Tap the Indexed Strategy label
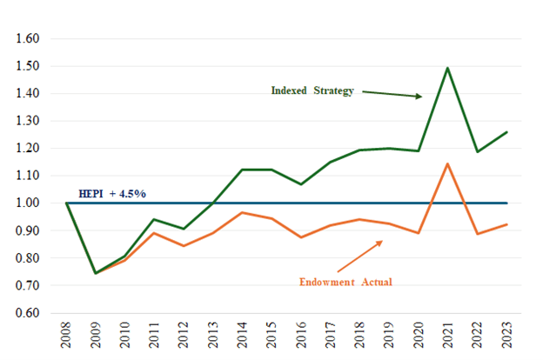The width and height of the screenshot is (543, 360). coord(312,90)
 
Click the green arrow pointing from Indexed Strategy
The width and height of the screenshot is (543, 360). coord(392,94)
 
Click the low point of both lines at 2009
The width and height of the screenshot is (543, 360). coord(96,273)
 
